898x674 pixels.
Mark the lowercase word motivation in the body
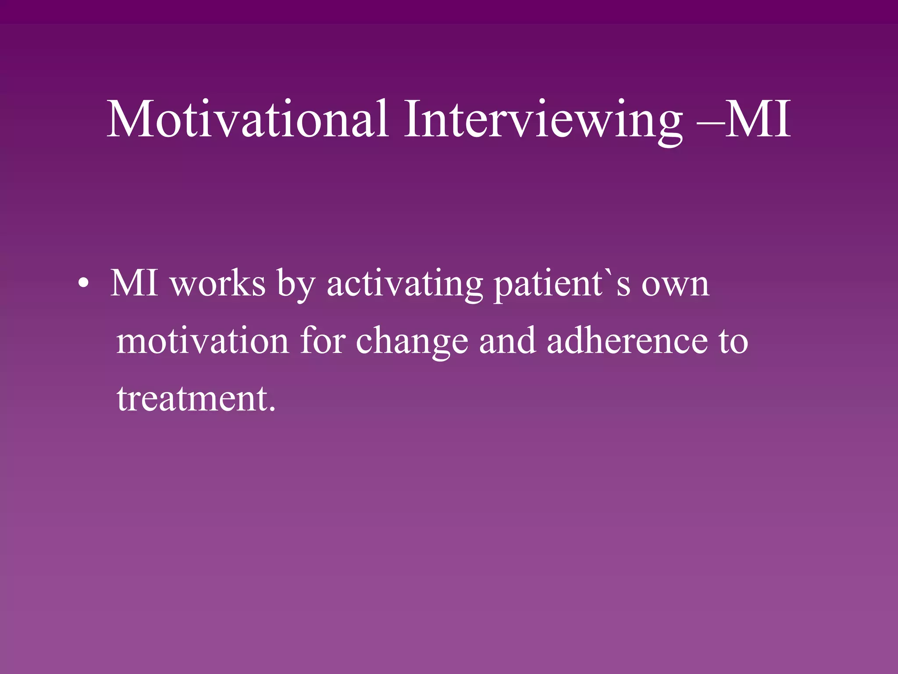[x=202, y=341]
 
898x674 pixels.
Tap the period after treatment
[x=273, y=409]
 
